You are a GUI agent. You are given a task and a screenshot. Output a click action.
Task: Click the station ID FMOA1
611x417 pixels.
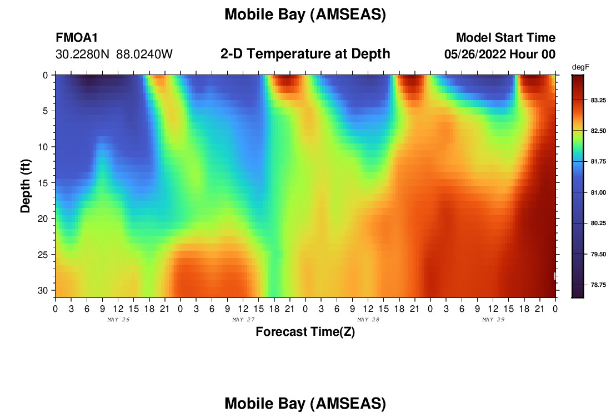(77, 37)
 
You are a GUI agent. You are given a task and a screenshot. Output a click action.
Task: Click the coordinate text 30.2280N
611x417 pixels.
(83, 54)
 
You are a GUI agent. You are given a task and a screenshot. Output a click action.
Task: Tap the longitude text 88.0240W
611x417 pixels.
(144, 54)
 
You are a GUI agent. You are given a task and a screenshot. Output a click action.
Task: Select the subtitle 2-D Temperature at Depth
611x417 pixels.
(305, 54)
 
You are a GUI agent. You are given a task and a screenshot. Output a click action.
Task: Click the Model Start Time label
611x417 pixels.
(506, 37)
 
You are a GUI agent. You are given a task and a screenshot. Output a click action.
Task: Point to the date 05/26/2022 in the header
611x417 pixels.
(475, 54)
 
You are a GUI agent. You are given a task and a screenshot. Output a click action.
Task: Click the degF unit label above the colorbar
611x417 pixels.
(580, 67)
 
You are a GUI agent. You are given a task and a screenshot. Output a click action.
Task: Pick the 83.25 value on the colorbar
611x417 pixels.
(598, 100)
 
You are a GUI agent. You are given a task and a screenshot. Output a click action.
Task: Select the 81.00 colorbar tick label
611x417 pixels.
(598, 192)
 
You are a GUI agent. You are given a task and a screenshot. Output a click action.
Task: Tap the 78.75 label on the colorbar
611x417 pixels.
(598, 285)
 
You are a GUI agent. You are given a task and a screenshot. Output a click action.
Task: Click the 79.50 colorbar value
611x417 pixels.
(598, 254)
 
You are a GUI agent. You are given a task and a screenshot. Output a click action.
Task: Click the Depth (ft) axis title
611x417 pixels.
(26, 186)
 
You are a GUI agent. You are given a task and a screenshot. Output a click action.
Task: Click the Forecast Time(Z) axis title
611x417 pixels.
(305, 331)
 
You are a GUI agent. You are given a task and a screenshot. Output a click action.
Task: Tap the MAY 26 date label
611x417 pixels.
(118, 320)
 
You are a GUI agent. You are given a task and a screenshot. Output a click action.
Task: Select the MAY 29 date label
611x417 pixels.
(493, 320)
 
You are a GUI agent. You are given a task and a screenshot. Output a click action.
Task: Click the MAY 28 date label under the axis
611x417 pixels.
(368, 320)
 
